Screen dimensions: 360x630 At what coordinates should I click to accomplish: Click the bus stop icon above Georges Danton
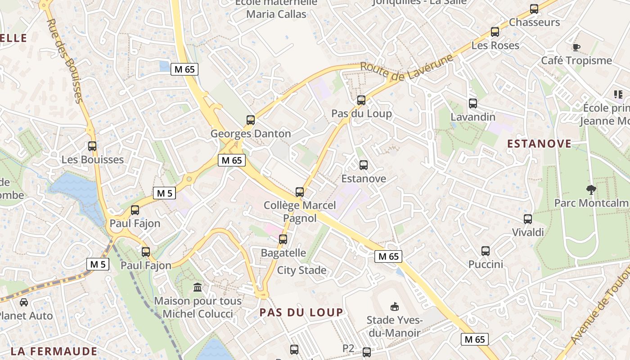[x=251, y=120]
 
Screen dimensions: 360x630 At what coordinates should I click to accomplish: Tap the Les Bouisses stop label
[x=92, y=160]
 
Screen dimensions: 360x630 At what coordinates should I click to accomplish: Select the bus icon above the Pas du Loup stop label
[x=361, y=100]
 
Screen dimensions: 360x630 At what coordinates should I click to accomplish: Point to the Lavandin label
[x=473, y=117]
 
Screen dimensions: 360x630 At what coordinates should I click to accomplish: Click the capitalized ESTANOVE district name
[x=539, y=144]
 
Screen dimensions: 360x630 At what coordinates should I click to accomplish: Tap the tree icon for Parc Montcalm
[x=591, y=190]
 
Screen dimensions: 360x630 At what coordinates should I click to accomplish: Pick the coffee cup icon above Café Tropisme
[x=576, y=47]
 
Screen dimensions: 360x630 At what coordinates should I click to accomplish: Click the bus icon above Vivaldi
[x=528, y=219]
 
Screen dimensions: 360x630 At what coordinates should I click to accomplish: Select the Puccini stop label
[x=486, y=264]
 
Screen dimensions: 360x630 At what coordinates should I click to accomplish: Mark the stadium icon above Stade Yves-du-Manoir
[x=394, y=307]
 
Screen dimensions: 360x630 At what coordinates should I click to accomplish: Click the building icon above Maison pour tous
[x=198, y=288]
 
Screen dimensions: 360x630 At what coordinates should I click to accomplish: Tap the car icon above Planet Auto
[x=24, y=302]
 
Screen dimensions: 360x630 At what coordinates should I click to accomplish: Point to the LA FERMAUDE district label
[x=54, y=351]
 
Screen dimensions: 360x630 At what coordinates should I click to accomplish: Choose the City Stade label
[x=301, y=270]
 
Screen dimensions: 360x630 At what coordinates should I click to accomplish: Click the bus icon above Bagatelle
[x=283, y=239]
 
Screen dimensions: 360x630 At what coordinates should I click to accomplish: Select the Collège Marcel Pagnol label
[x=300, y=211]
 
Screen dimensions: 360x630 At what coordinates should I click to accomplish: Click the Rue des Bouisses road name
[x=65, y=60]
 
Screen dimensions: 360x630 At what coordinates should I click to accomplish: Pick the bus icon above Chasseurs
[x=534, y=9]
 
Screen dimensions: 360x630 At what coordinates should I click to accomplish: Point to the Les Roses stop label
[x=495, y=45]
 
